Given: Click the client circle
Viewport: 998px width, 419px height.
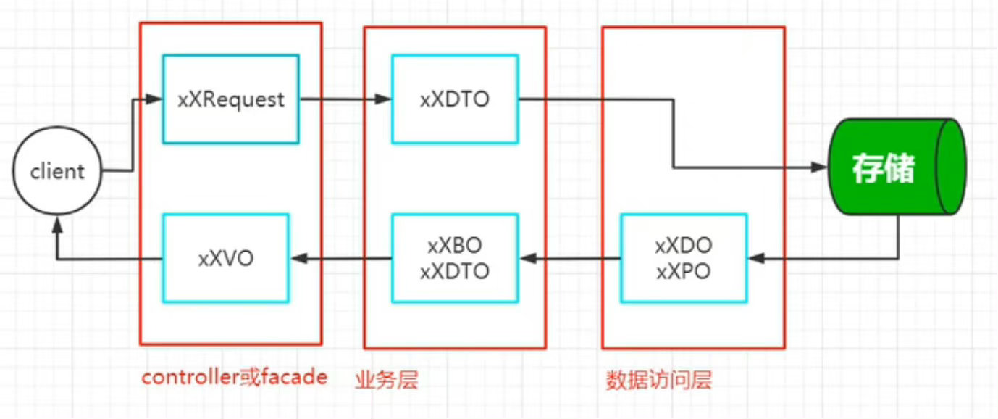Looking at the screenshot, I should pos(57,172).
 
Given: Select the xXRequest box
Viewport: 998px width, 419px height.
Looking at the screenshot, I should pos(231,99).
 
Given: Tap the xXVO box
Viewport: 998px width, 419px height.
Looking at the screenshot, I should pos(225,258).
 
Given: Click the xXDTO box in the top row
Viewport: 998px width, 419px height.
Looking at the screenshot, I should pos(455,99).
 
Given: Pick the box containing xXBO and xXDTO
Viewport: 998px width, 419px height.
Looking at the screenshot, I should pos(455,258).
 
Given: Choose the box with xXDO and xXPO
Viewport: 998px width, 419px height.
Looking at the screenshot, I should pos(684,258).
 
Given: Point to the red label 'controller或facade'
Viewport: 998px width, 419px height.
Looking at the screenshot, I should pos(234,378).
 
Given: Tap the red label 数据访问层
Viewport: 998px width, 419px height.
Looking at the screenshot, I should pos(658,380).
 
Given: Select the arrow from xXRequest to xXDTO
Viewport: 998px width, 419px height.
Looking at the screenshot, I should pos(345,99).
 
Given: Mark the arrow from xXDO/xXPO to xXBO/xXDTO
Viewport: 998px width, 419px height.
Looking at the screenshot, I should pos(569,258).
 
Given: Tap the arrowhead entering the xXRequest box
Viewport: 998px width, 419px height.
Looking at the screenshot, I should pos(154,99).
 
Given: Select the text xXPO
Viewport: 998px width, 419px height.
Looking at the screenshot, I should pos(683,272).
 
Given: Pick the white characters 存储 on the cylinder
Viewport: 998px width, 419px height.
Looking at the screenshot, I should pos(883,168).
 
